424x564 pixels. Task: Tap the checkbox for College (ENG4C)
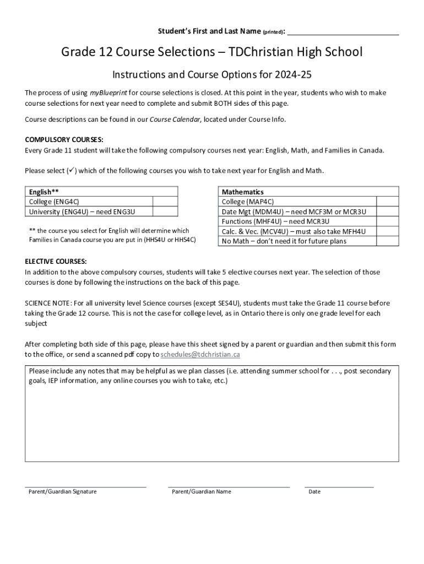(165, 202)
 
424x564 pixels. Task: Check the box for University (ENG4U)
(165, 211)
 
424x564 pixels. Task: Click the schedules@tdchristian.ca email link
(200, 354)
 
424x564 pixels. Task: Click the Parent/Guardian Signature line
(85, 486)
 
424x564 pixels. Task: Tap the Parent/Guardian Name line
(229, 486)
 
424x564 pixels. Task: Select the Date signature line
(339, 486)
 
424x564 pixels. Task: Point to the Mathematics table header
(242, 192)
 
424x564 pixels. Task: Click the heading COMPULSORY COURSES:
(64, 140)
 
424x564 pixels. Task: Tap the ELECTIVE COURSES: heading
(56, 261)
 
